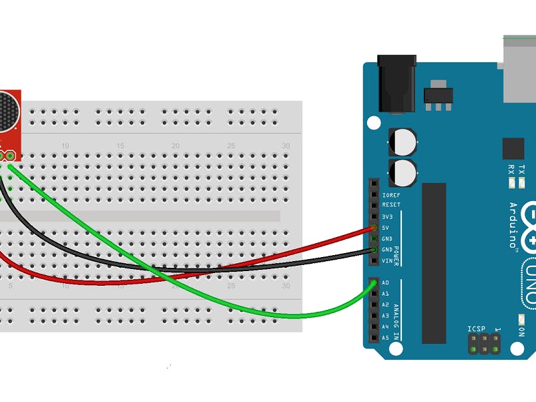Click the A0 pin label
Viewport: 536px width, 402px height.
point(386,283)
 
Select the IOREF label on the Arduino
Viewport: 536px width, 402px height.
point(390,195)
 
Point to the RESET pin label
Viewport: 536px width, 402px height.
point(390,206)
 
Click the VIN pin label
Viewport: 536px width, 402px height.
point(387,260)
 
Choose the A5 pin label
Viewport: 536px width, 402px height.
point(386,338)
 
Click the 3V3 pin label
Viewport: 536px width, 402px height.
point(387,217)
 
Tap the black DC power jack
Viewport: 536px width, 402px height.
point(396,83)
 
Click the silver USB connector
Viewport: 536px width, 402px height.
point(519,70)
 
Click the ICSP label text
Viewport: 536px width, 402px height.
point(476,329)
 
